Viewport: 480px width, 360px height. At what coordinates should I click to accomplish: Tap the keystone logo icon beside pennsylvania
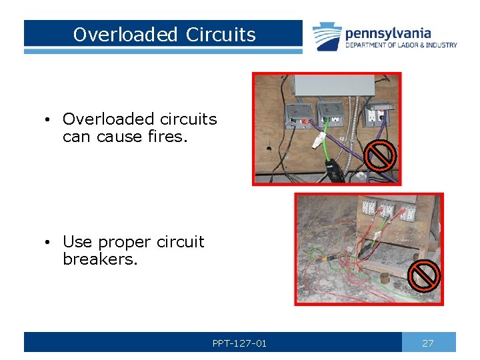tap(327, 36)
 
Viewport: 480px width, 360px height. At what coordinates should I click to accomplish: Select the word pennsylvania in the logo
tap(388, 33)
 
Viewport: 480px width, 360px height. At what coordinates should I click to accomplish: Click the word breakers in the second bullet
tap(100, 259)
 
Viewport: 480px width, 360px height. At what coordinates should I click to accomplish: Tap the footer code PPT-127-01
tap(239, 343)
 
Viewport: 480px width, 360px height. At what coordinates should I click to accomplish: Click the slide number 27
tap(428, 343)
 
